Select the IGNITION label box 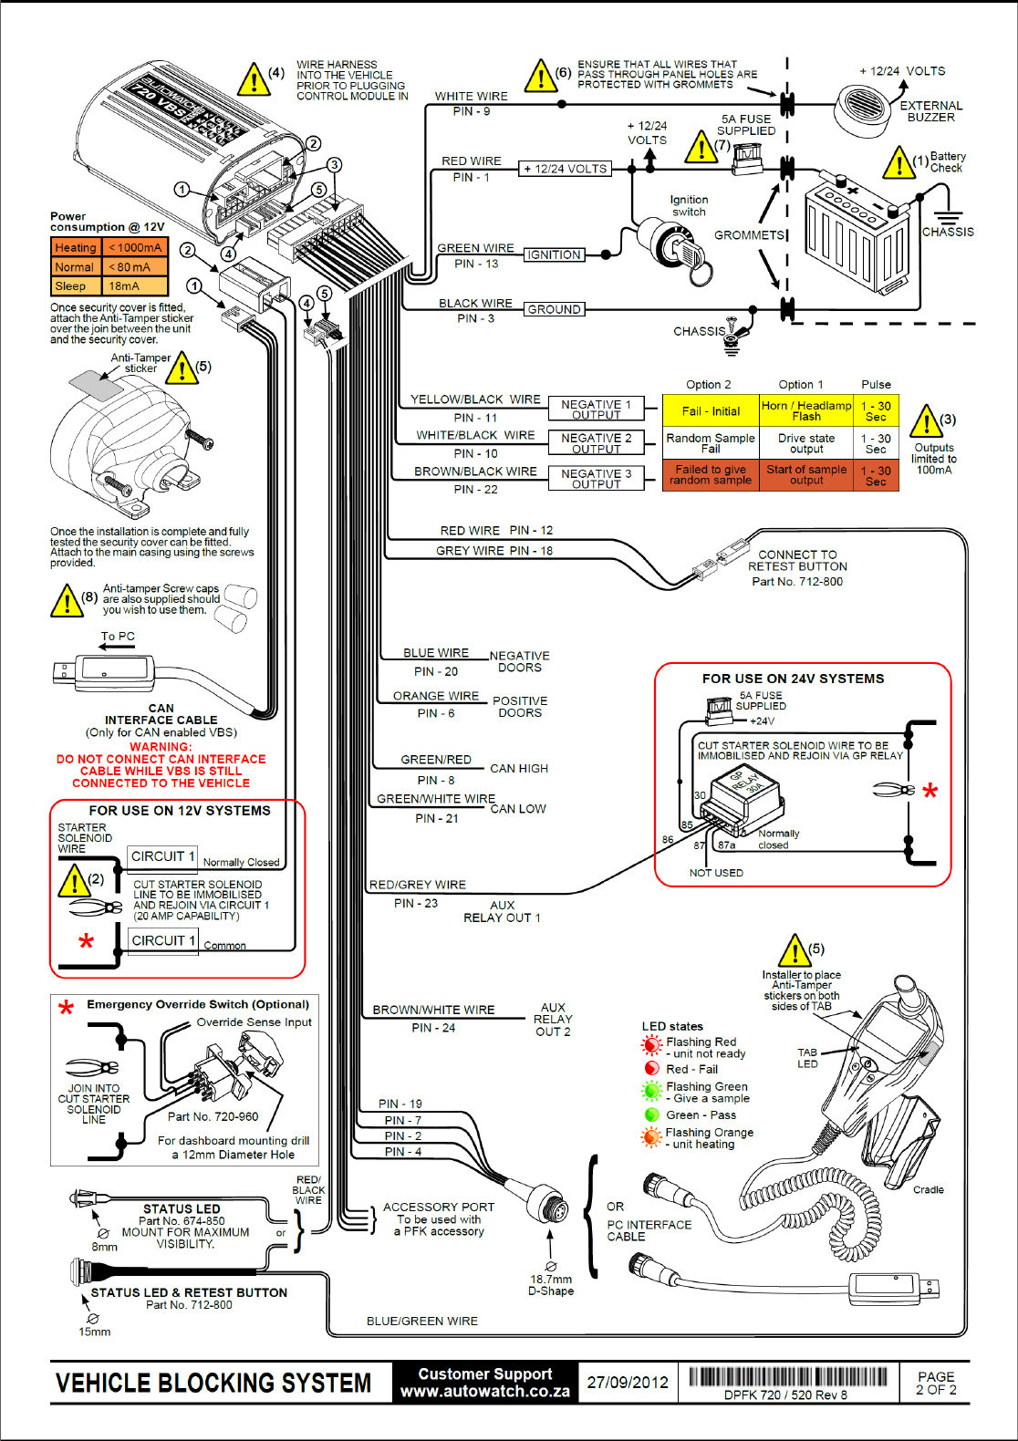pos(555,255)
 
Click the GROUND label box pos(555,310)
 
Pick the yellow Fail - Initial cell pos(711,410)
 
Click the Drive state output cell pos(806,443)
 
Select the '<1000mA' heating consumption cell pos(135,247)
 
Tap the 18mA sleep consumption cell pos(135,285)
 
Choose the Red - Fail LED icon pos(651,1069)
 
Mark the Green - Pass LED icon pos(651,1114)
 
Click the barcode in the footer pos(788,1376)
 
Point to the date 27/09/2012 pos(628,1383)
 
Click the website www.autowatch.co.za pos(485,1392)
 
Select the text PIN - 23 pos(416,903)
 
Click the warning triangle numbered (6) pos(542,76)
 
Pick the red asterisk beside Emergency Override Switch pos(66,1008)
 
